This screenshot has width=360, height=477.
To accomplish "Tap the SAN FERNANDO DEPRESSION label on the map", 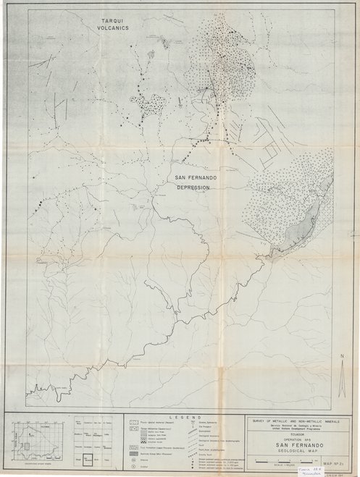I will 192,181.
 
